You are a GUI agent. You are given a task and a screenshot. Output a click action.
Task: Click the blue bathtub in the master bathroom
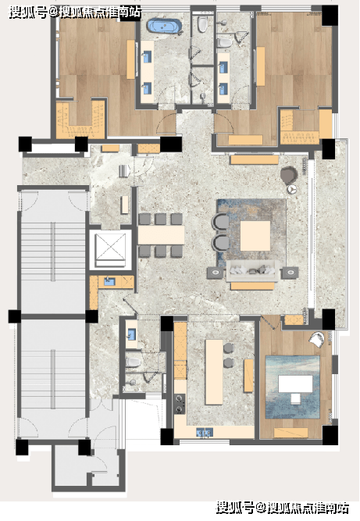point(165,26)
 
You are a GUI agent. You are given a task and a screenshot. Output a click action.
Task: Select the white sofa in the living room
point(253,270)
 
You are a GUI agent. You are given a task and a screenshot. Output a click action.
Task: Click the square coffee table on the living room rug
point(255,236)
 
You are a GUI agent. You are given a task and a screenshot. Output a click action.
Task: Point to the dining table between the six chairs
point(161,235)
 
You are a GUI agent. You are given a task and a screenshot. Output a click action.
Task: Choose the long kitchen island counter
point(214,372)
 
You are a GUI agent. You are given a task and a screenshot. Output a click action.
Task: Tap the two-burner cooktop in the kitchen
point(180,404)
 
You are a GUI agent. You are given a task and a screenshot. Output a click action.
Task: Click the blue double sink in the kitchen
point(205,432)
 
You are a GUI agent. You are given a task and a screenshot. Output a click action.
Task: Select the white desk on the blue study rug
point(295,384)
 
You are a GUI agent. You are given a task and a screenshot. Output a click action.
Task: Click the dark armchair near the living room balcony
point(289,174)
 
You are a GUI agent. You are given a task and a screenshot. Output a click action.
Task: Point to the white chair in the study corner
point(316,339)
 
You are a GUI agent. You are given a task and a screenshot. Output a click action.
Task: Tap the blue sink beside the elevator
point(109,282)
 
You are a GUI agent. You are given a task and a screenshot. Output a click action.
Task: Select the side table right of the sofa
point(290,273)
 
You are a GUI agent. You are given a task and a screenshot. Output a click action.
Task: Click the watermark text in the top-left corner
point(75,12)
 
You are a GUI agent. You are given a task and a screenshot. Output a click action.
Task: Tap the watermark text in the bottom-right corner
point(283,509)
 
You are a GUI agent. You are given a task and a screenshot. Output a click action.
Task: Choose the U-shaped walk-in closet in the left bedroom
point(80,120)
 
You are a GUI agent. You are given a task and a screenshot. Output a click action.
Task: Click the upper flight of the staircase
point(53,252)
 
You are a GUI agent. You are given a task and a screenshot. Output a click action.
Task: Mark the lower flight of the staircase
point(53,379)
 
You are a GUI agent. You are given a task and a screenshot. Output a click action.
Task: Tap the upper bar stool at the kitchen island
point(228,348)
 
